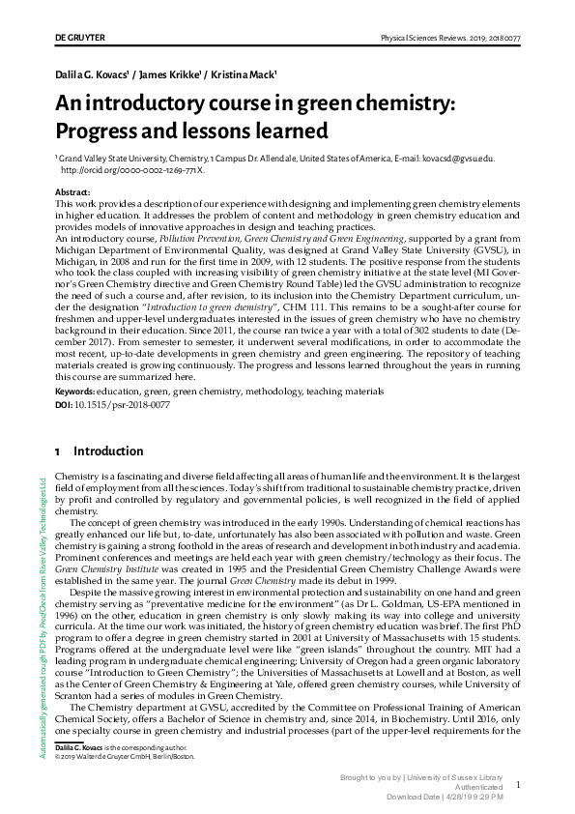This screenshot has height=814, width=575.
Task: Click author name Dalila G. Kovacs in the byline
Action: [93, 74]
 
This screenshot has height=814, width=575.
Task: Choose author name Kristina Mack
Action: [244, 74]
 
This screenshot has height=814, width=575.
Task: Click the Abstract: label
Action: [73, 193]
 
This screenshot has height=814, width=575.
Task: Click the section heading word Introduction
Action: [108, 451]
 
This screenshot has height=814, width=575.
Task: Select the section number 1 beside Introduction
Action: [58, 451]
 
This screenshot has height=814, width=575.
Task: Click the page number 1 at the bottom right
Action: [518, 785]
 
